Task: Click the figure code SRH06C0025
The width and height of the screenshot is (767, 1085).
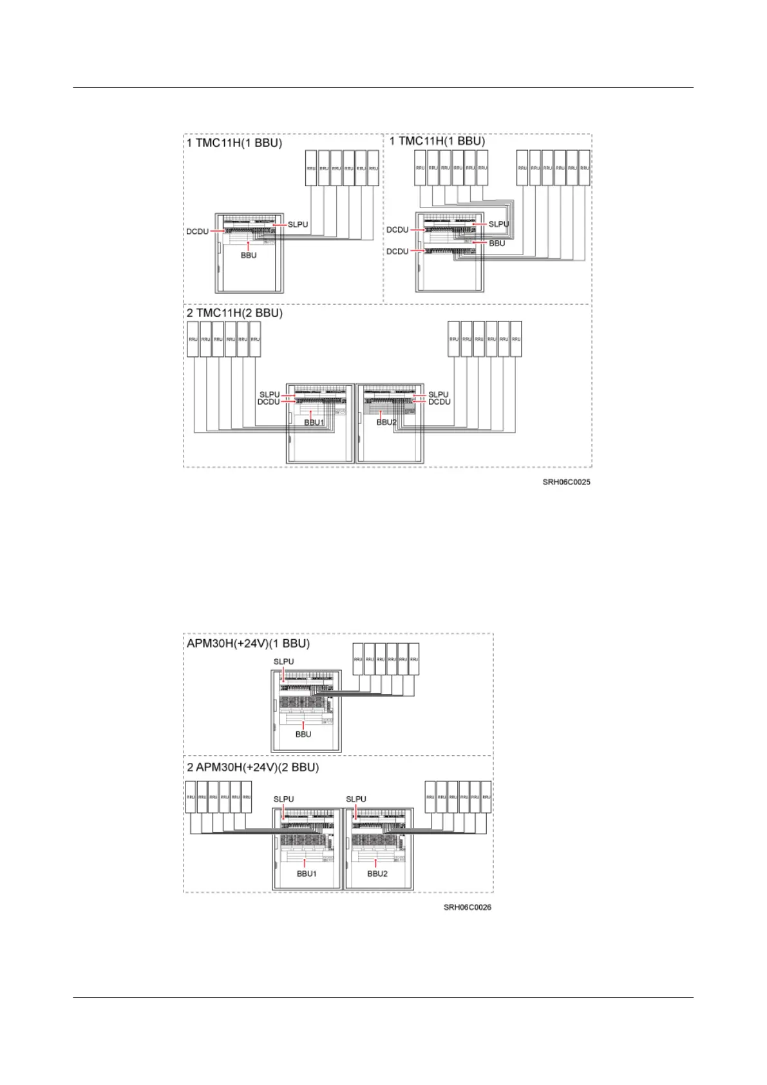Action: (x=566, y=482)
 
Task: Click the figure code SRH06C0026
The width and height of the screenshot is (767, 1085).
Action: (x=468, y=907)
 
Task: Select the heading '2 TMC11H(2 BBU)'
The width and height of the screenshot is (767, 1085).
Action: (x=234, y=313)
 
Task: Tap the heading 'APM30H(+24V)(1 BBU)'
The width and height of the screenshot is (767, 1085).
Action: (x=248, y=644)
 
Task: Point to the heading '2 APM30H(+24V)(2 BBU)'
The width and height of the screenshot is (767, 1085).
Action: (x=252, y=767)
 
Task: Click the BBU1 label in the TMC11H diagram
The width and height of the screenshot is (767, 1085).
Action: (x=314, y=423)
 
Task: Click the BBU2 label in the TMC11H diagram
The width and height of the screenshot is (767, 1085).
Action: (x=386, y=423)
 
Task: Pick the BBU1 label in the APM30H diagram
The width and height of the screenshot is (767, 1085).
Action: (x=307, y=874)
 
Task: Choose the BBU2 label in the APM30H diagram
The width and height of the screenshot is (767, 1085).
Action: (x=377, y=874)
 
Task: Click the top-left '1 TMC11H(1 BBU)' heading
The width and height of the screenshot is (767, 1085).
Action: (x=234, y=142)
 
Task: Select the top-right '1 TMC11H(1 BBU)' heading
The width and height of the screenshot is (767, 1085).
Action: (x=438, y=141)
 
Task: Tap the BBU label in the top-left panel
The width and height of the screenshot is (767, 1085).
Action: (x=249, y=255)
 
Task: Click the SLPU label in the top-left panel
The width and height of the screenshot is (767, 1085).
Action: (x=298, y=225)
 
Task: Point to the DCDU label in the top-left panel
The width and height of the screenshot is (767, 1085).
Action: (x=197, y=231)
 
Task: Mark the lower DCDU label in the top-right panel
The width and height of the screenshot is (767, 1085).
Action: (x=397, y=251)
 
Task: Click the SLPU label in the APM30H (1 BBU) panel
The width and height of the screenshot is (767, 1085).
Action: (x=283, y=662)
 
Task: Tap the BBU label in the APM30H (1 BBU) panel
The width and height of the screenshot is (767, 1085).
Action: (x=303, y=734)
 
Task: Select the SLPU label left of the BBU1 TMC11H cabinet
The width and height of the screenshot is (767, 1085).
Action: (x=269, y=394)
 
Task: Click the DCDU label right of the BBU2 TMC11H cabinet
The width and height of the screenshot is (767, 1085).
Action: (x=439, y=402)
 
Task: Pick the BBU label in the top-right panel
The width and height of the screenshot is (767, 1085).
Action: (x=497, y=244)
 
